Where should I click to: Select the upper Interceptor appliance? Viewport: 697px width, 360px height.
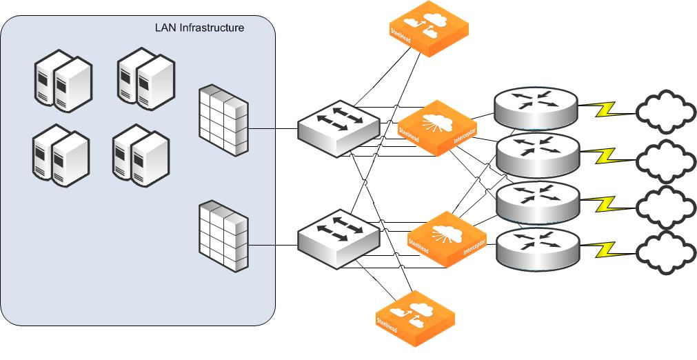438,128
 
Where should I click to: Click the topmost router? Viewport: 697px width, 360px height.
536,108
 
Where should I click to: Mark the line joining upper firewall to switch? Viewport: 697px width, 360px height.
272,129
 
